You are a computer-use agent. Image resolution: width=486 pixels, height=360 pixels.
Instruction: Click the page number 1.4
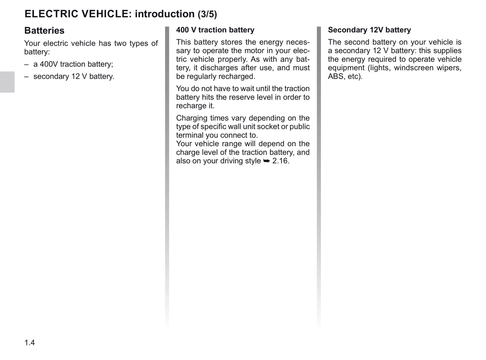tap(30, 343)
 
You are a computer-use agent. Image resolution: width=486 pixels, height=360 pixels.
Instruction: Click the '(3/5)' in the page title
tap(207, 14)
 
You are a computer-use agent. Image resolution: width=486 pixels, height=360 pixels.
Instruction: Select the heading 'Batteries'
tap(44, 31)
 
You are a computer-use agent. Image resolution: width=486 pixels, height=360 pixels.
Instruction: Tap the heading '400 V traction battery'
tap(215, 30)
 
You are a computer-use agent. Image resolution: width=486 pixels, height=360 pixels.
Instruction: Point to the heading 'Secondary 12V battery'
tap(369, 30)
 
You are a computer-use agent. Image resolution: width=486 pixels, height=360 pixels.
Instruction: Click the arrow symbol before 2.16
tap(266, 161)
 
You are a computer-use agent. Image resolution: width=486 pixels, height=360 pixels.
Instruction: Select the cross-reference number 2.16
tap(281, 161)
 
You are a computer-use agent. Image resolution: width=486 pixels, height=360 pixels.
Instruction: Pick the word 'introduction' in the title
tap(164, 14)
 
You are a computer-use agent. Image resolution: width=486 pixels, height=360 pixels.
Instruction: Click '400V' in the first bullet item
tap(49, 64)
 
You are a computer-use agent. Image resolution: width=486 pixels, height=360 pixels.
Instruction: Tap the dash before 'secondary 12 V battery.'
tap(26, 77)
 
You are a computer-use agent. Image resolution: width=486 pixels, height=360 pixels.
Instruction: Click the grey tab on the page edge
tap(7, 82)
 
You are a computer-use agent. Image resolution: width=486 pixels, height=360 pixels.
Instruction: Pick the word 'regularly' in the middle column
tap(201, 76)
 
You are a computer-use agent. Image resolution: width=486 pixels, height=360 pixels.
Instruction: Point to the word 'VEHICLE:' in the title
tap(105, 14)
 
